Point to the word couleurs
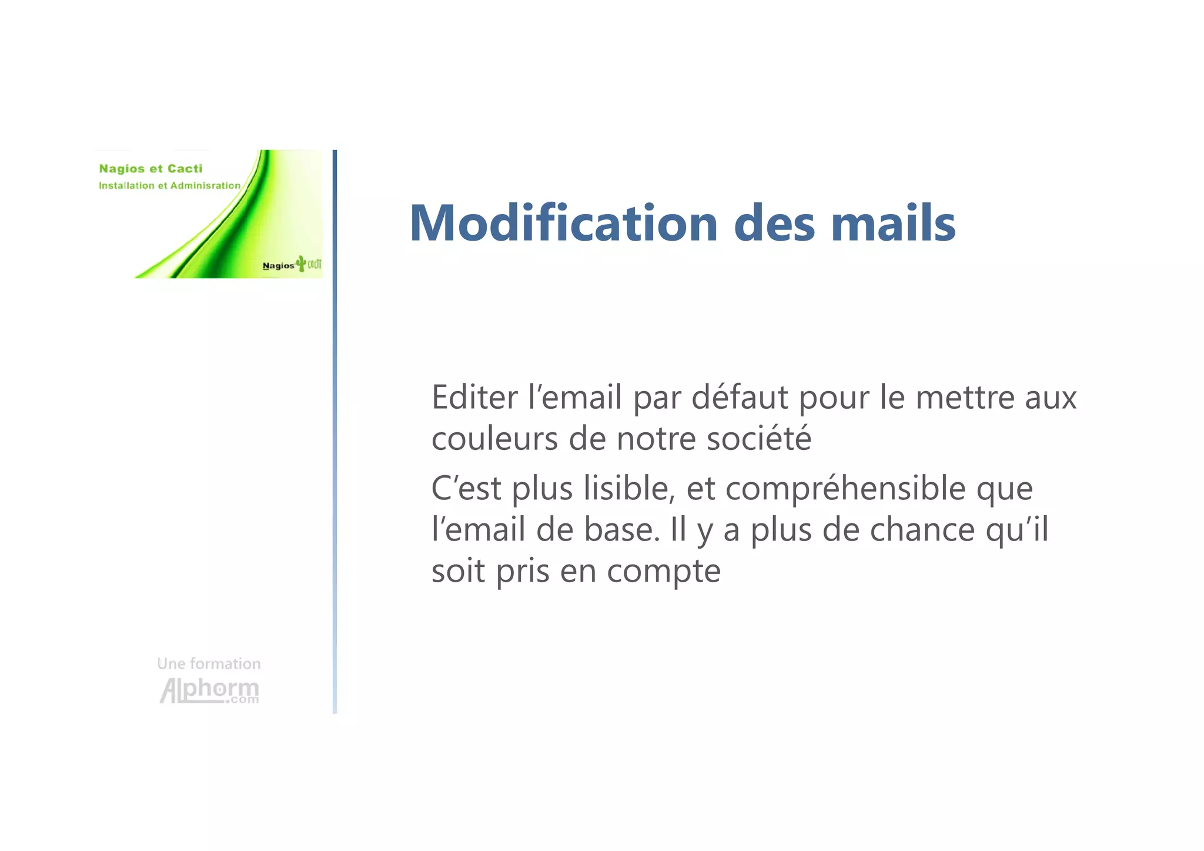(x=494, y=439)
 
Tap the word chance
(x=922, y=529)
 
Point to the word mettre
(x=965, y=398)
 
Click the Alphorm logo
(x=209, y=690)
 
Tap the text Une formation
(x=209, y=663)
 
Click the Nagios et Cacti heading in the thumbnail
(x=150, y=169)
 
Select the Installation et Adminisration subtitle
(x=169, y=186)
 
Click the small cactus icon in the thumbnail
(x=302, y=263)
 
